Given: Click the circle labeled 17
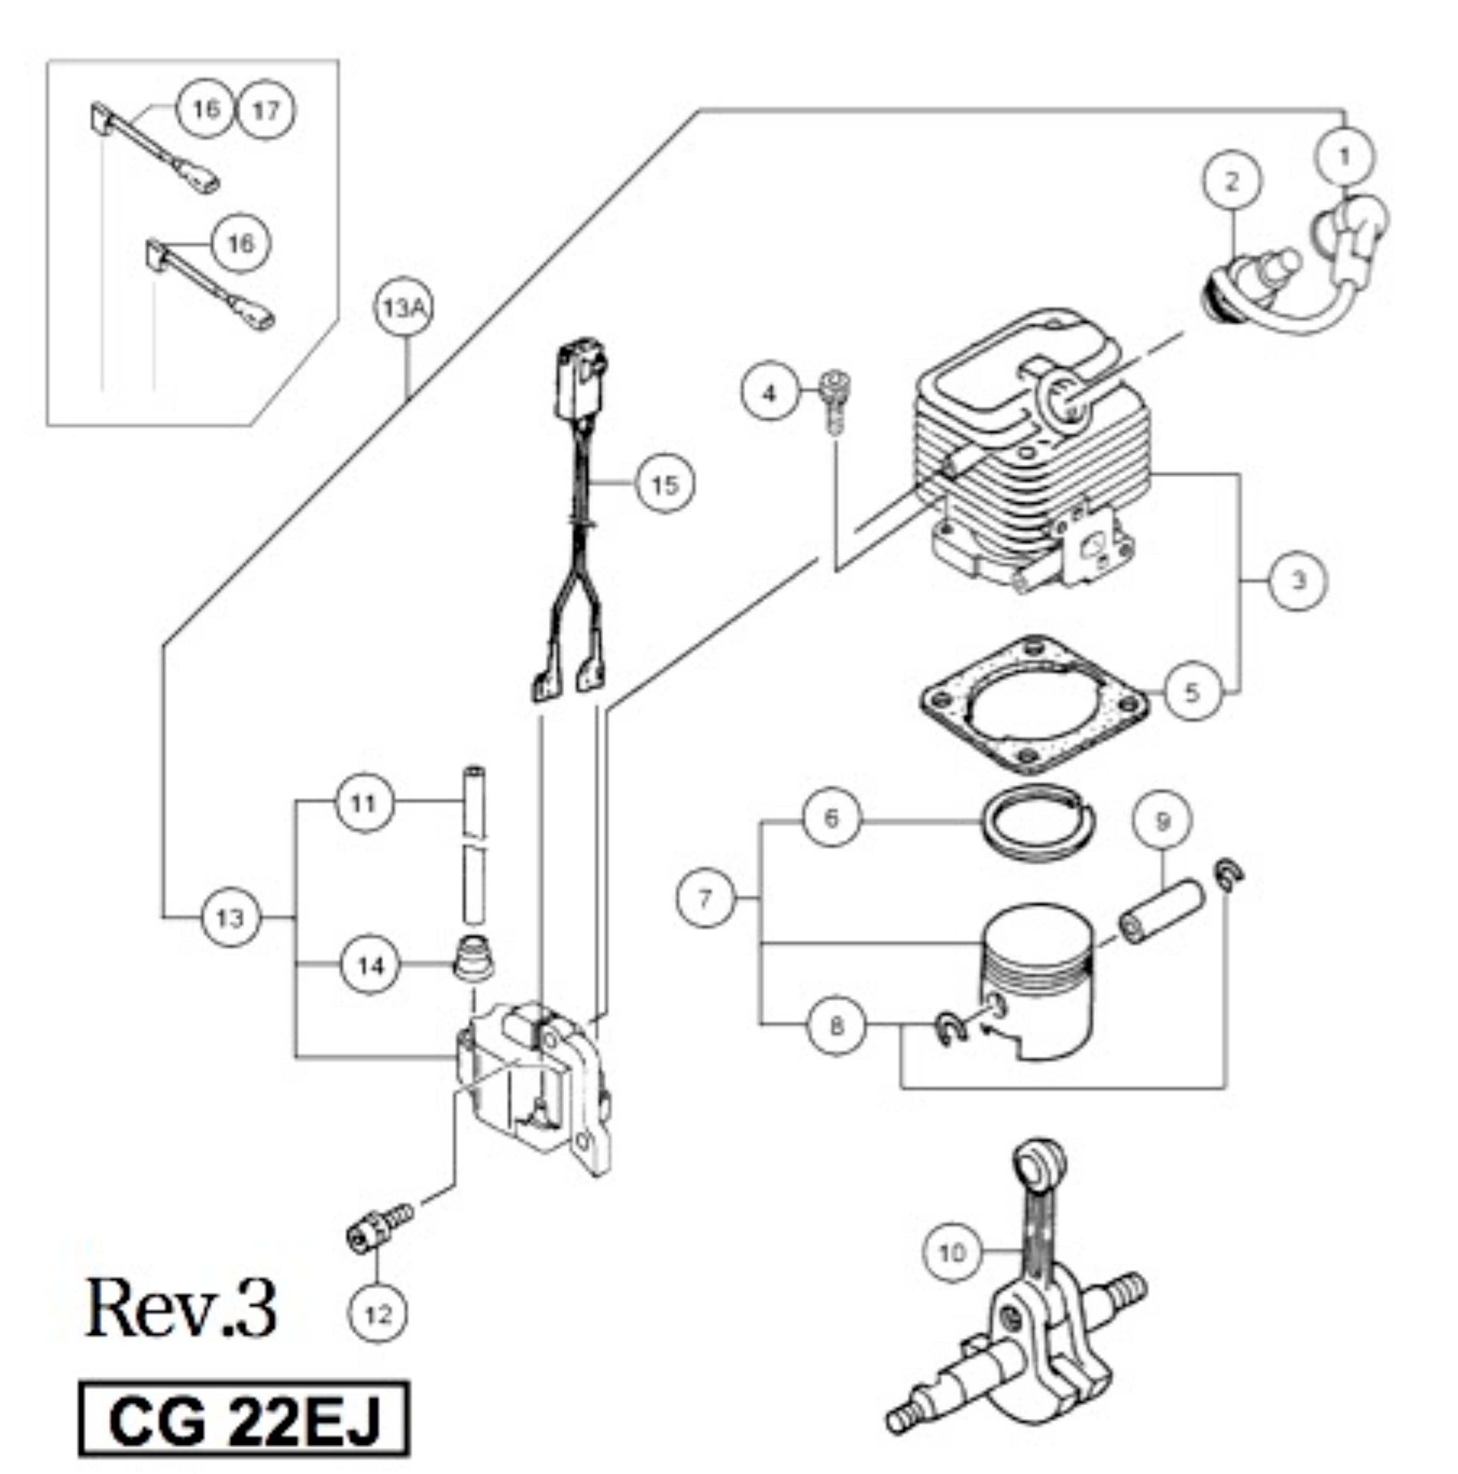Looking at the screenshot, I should [266, 111].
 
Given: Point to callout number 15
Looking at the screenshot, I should [665, 485].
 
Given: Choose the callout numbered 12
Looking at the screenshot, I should [377, 1314].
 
